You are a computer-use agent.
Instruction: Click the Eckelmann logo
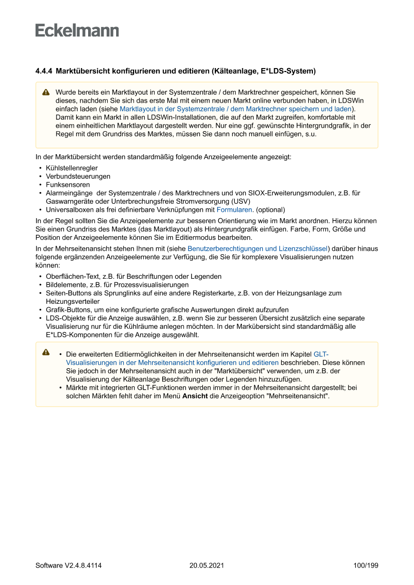coord(77,31)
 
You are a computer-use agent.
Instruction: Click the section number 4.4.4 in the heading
coord(44,71)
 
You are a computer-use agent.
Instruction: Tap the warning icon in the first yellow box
coord(46,93)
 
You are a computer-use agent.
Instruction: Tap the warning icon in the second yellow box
coord(46,352)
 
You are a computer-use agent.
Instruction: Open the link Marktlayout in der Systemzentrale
coord(235,109)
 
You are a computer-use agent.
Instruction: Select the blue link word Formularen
coord(234,210)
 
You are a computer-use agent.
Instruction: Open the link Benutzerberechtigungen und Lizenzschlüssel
coord(257,248)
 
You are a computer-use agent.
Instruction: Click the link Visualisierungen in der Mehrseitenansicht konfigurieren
coord(172,362)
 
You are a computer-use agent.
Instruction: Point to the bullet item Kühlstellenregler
coord(72,168)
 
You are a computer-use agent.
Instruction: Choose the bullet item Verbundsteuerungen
coord(78,176)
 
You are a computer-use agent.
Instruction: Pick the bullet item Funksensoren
coord(68,185)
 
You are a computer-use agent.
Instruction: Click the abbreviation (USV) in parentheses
coord(239,201)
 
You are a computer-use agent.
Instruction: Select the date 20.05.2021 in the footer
coord(207,565)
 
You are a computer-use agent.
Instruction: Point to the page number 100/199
coord(365,565)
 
